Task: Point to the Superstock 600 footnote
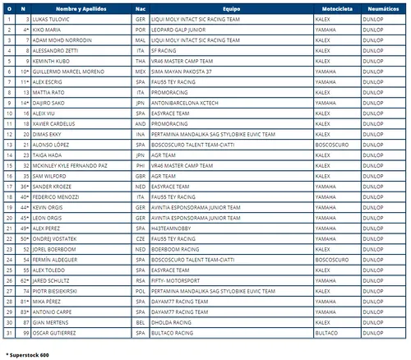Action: pos(29,354)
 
